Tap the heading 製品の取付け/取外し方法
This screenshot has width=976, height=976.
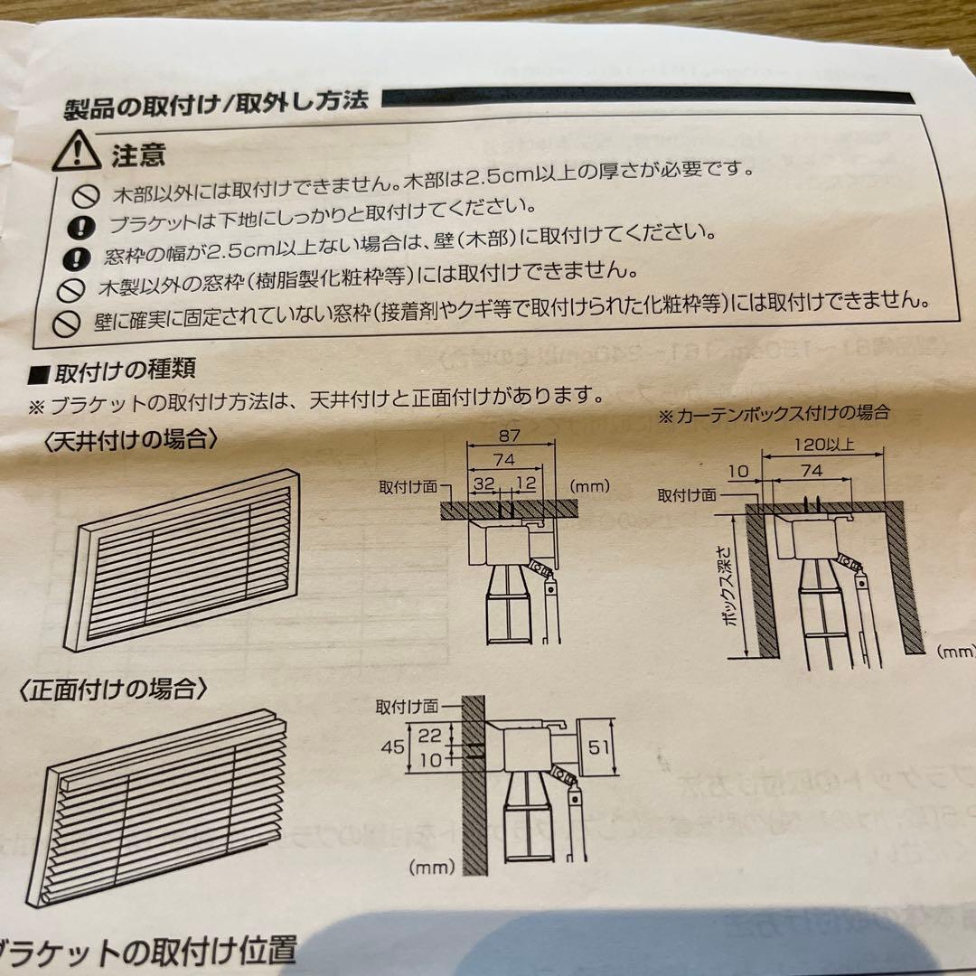point(215,102)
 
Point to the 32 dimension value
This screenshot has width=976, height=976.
point(483,484)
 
